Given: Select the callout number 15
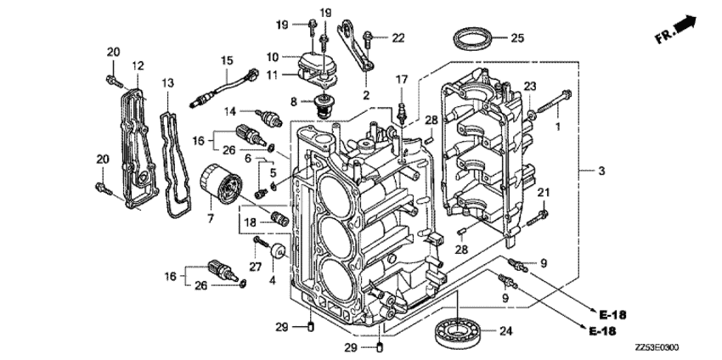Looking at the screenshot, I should pyautogui.click(x=227, y=60).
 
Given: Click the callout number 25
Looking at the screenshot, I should pyautogui.click(x=516, y=37).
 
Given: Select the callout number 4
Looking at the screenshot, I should pyautogui.click(x=273, y=279).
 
